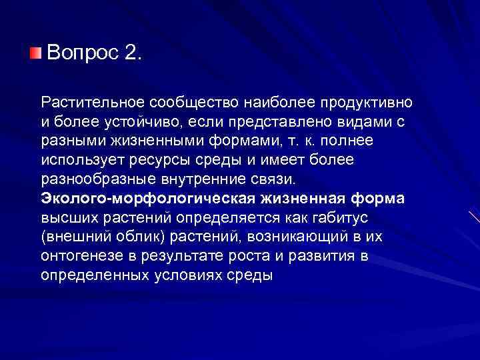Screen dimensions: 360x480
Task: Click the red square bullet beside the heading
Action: click(x=35, y=52)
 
